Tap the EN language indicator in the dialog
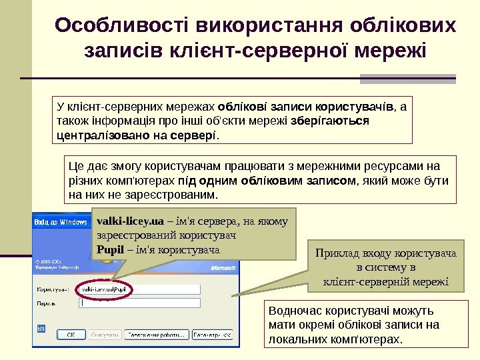pyautogui.click(x=41, y=329)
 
